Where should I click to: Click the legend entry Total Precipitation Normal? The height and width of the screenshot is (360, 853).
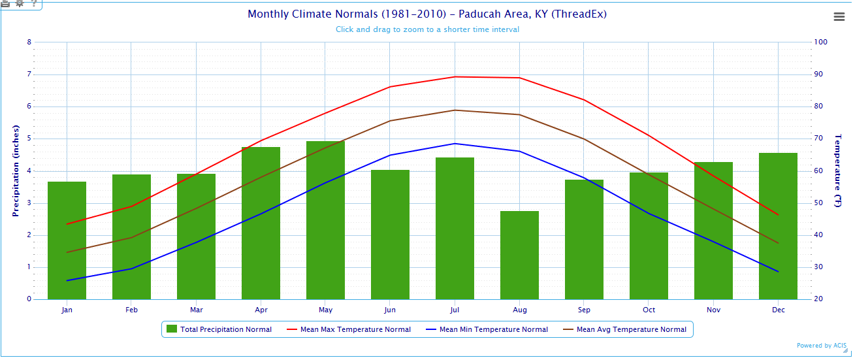(219, 329)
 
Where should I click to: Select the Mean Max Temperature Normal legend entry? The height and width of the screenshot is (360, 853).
(349, 329)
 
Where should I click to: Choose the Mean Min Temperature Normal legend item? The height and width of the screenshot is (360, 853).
(487, 329)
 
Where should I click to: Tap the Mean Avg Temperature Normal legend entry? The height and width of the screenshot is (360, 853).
(625, 329)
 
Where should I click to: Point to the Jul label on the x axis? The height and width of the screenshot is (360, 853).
(455, 310)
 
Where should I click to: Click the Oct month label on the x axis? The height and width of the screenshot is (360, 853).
(649, 310)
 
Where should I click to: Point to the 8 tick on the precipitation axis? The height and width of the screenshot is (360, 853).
(29, 42)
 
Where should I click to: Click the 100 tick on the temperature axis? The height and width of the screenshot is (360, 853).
(821, 42)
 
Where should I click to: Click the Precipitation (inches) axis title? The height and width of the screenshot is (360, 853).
(16, 171)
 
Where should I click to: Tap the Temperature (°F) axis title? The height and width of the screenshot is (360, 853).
(838, 171)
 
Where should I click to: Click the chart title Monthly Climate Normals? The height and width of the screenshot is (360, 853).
(427, 14)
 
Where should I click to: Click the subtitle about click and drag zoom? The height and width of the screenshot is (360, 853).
(427, 29)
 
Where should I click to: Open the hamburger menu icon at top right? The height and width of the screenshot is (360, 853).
(839, 17)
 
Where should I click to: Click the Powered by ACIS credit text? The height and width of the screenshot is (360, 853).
(822, 346)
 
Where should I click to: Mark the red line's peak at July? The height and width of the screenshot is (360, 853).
(455, 76)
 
